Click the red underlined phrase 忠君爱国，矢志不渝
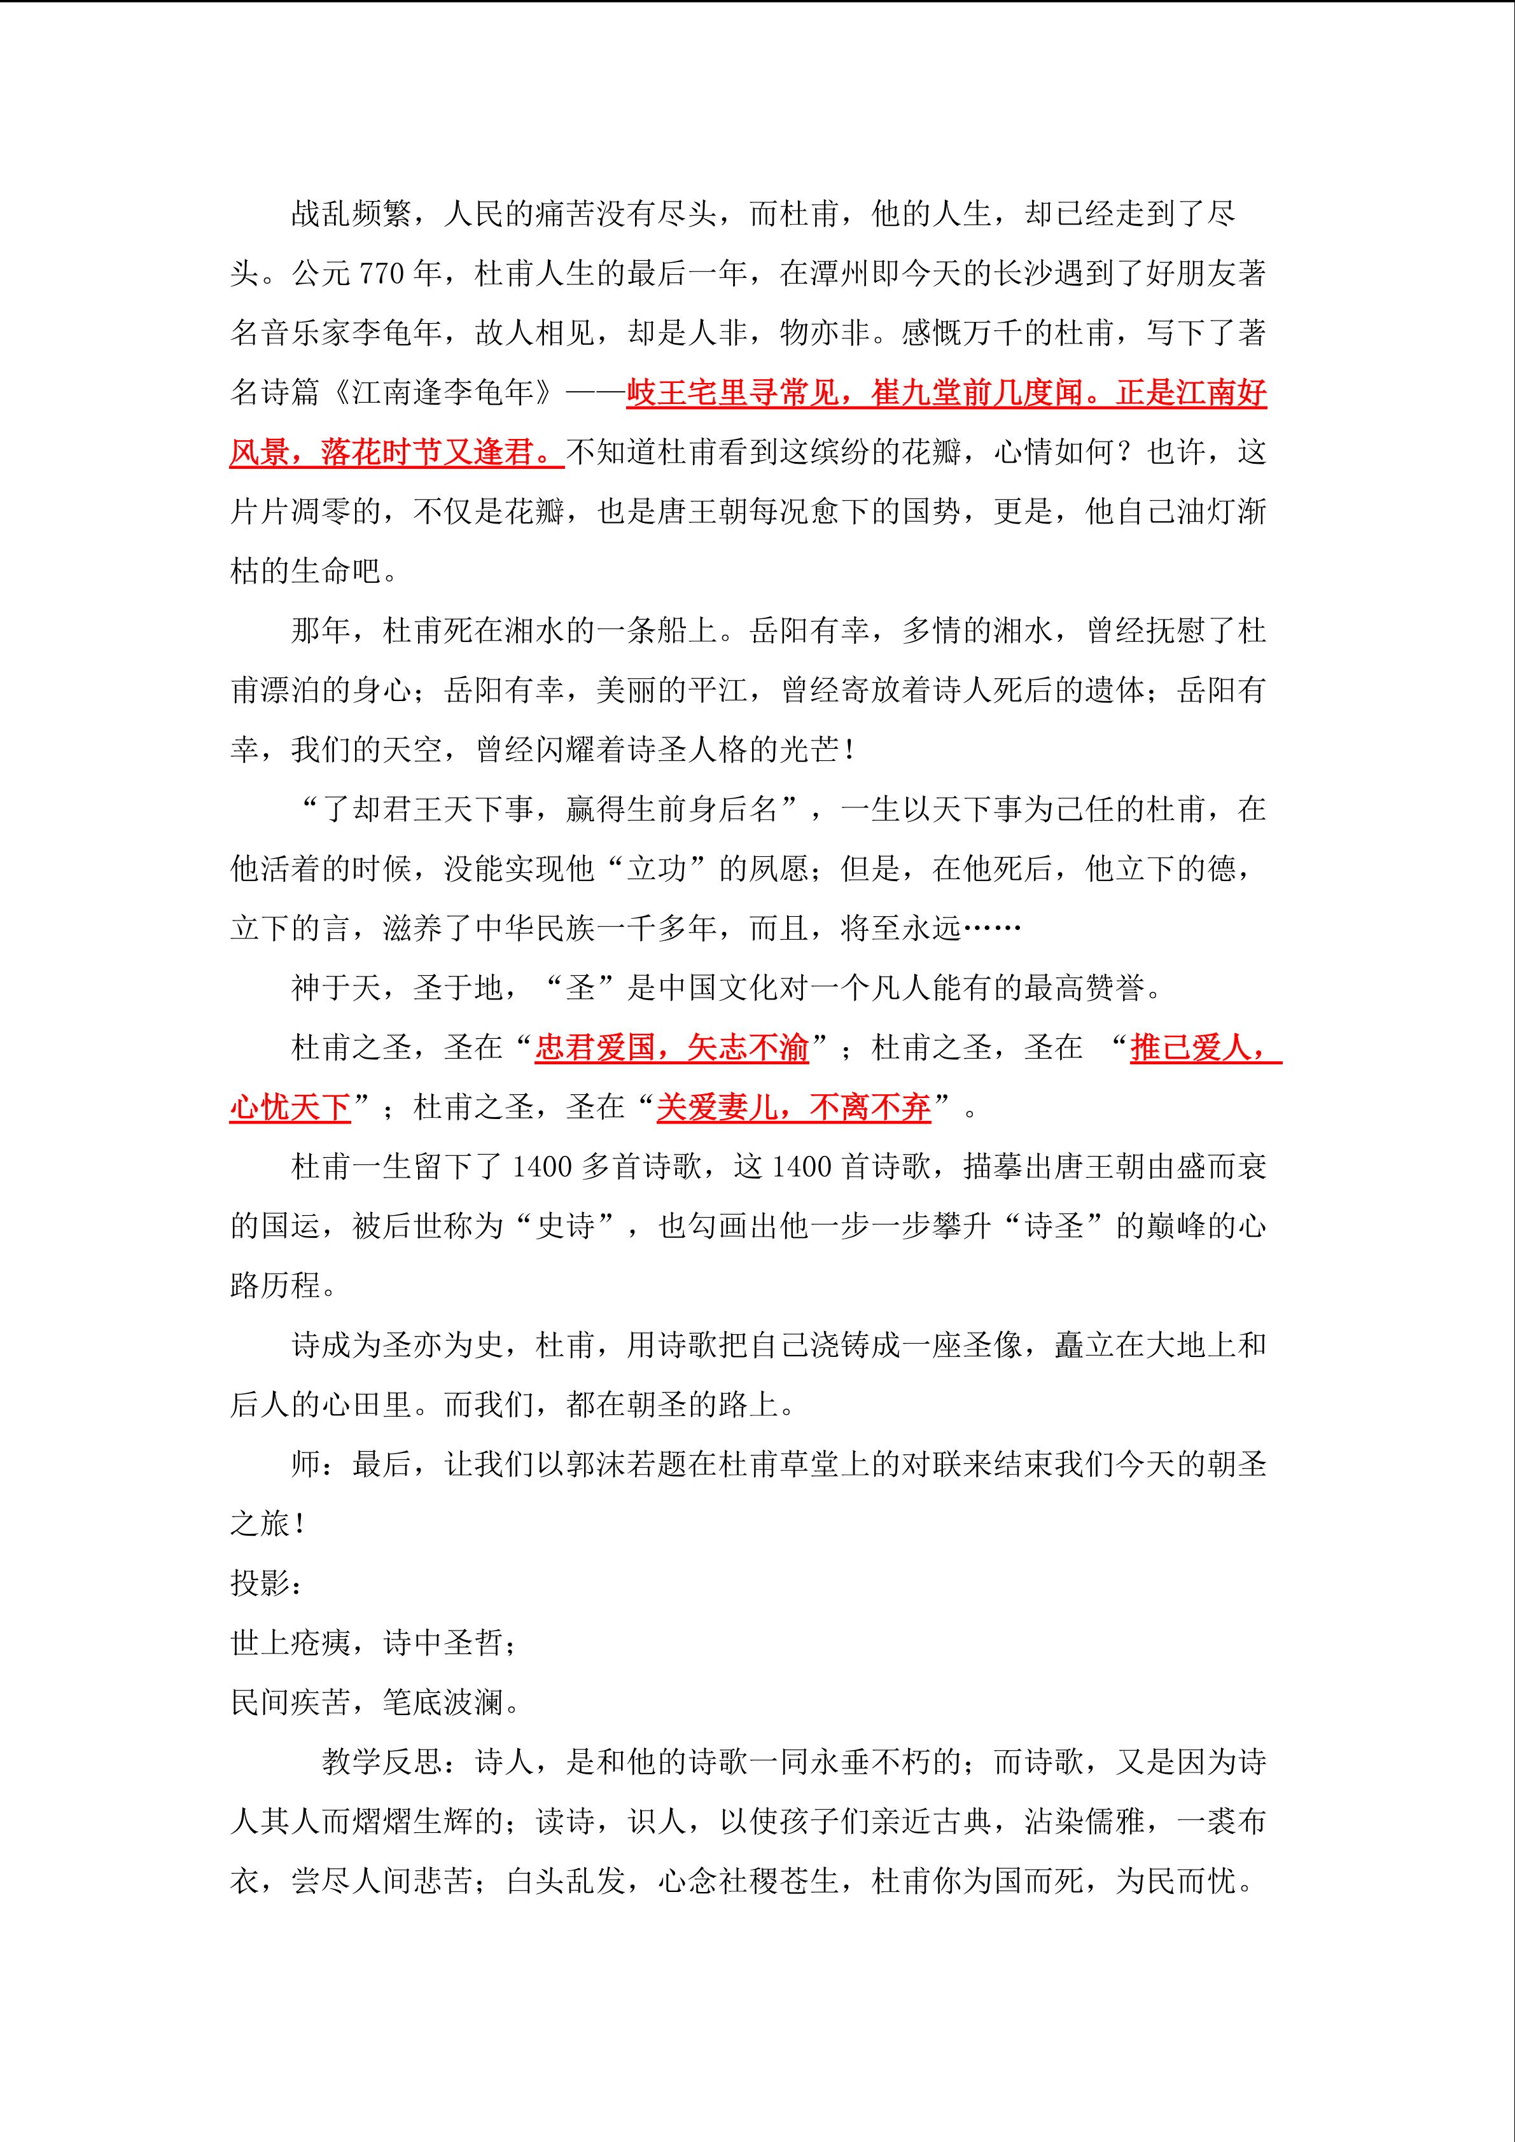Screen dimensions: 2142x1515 tap(672, 1048)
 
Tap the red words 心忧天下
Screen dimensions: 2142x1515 tap(290, 1108)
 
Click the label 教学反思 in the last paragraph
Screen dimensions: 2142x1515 tap(382, 1762)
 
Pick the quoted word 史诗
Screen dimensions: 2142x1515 tap(565, 1226)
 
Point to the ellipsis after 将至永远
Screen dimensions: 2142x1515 tap(991, 928)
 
